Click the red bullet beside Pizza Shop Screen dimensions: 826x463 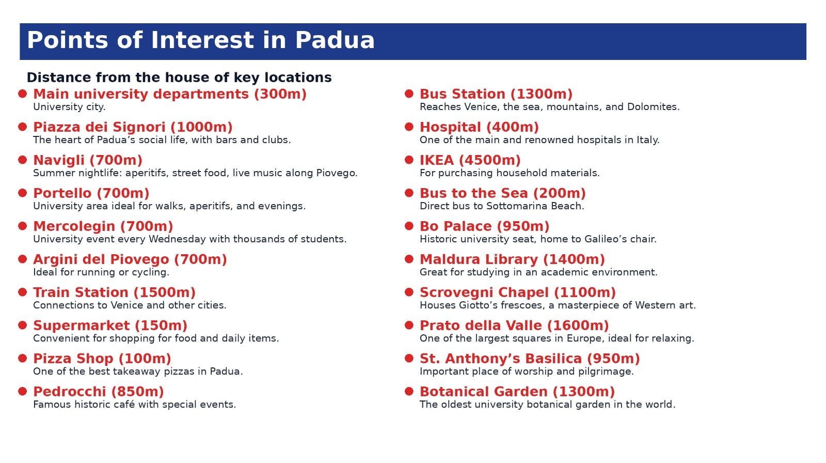[x=23, y=358]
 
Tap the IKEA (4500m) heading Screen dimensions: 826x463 [x=470, y=160]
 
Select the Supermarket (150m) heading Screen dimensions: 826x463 [x=110, y=326]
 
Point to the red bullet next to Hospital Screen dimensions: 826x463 [x=409, y=127]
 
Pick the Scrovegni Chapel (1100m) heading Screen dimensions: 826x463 [x=518, y=292]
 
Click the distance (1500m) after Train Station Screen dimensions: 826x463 [x=165, y=292]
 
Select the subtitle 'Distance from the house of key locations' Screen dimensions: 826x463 [x=179, y=78]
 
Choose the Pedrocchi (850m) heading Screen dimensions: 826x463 [x=99, y=392]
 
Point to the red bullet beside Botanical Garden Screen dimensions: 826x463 [x=409, y=391]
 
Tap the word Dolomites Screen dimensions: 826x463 [x=653, y=107]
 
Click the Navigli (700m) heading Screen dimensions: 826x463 [x=88, y=160]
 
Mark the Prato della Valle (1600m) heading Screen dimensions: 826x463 [x=514, y=326]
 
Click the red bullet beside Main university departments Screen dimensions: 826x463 [x=23, y=94]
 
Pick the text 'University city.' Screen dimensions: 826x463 [x=69, y=107]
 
